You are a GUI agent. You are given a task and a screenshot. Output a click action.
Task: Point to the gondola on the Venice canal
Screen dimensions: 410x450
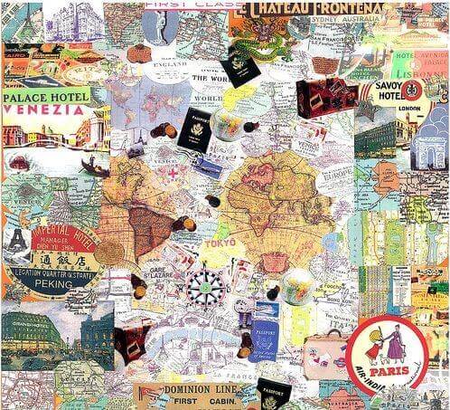pos(94,167)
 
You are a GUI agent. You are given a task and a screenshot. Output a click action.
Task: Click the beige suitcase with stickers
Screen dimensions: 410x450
pos(323,348)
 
